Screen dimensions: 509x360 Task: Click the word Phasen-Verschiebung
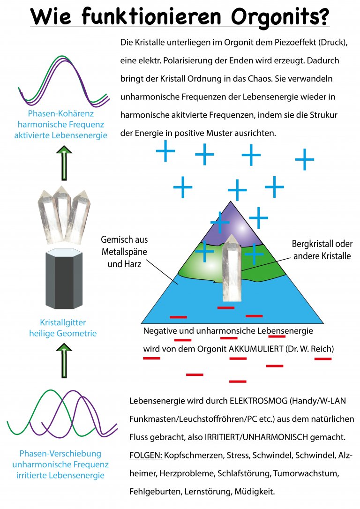(x=60, y=454)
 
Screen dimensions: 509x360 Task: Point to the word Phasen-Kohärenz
(x=61, y=114)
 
